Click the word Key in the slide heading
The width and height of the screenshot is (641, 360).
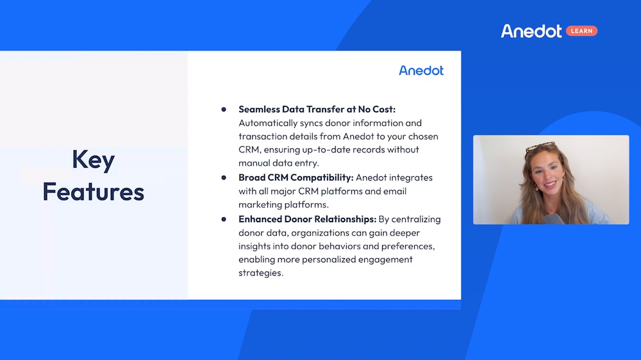point(93,160)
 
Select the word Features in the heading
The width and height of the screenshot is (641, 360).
point(93,192)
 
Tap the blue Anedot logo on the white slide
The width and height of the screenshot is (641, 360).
point(420,70)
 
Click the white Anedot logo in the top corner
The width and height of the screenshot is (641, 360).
point(531,31)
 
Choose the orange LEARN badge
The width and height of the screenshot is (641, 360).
point(581,31)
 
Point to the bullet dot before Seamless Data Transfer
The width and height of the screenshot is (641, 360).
point(224,110)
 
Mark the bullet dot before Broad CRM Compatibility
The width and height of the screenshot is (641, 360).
point(224,177)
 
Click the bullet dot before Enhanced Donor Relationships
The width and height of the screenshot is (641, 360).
point(224,219)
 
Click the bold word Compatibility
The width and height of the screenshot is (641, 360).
point(320,177)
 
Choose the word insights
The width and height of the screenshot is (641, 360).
point(256,246)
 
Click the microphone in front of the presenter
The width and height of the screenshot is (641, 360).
point(553,219)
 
